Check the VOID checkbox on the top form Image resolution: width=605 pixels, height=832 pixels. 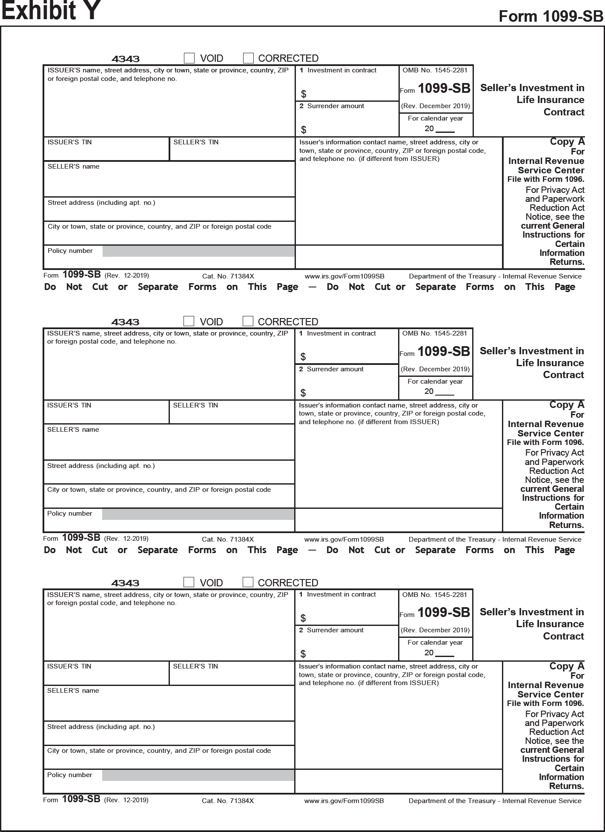coord(189,58)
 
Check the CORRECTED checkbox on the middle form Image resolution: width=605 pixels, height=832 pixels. coord(248,321)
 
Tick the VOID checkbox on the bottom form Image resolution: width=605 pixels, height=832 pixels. coord(189,582)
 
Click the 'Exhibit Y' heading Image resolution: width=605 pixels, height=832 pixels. coord(51,11)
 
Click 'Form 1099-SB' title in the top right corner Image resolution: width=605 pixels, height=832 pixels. coord(551,16)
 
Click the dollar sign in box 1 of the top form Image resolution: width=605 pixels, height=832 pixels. coord(304,94)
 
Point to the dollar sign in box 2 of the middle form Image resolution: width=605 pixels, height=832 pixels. coord(303,393)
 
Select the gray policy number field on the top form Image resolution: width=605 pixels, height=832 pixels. coord(198,251)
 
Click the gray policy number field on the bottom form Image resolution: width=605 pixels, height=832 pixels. coord(198,775)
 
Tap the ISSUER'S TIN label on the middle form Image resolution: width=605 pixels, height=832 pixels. coord(69,405)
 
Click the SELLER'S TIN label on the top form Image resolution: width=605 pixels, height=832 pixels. coord(196,142)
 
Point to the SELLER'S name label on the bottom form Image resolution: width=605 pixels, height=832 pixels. coord(73,691)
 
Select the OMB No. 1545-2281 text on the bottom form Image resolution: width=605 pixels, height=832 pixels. coord(435,595)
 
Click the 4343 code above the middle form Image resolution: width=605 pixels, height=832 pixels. coord(125,322)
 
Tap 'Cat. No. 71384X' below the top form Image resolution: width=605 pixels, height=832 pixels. coord(228,276)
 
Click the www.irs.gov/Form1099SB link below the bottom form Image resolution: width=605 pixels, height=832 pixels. coord(344,801)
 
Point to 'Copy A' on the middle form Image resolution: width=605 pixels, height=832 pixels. coord(567,405)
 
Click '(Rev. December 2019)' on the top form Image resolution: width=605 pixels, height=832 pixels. coord(436,106)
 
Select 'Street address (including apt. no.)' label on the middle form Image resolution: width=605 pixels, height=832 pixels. coord(101,466)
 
